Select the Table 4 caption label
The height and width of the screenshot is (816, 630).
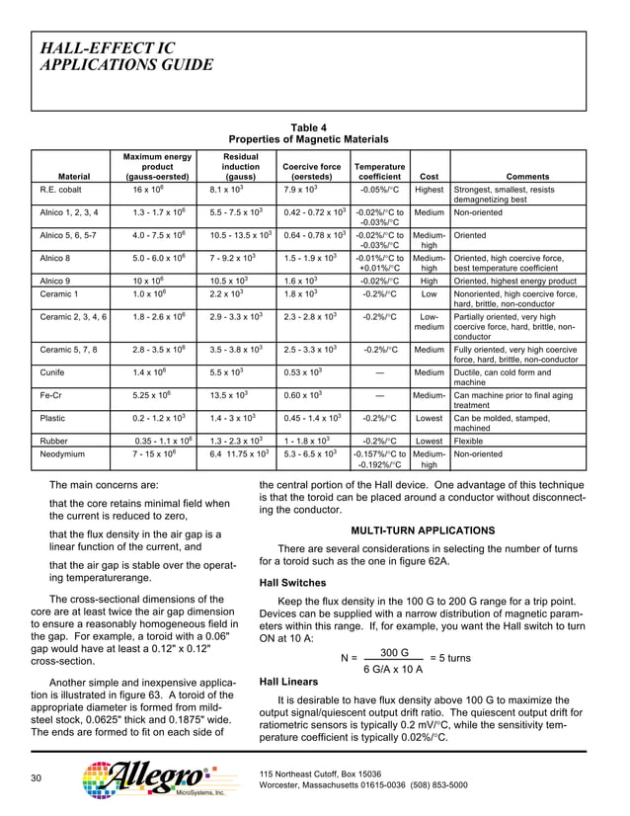[x=308, y=127]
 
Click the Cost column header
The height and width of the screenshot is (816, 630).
[x=429, y=177]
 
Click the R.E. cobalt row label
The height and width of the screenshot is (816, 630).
[x=61, y=189]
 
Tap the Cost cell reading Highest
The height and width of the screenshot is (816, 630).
[x=429, y=189]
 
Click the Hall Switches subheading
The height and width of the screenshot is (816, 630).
[x=292, y=583]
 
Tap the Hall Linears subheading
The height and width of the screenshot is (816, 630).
[x=287, y=682]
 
